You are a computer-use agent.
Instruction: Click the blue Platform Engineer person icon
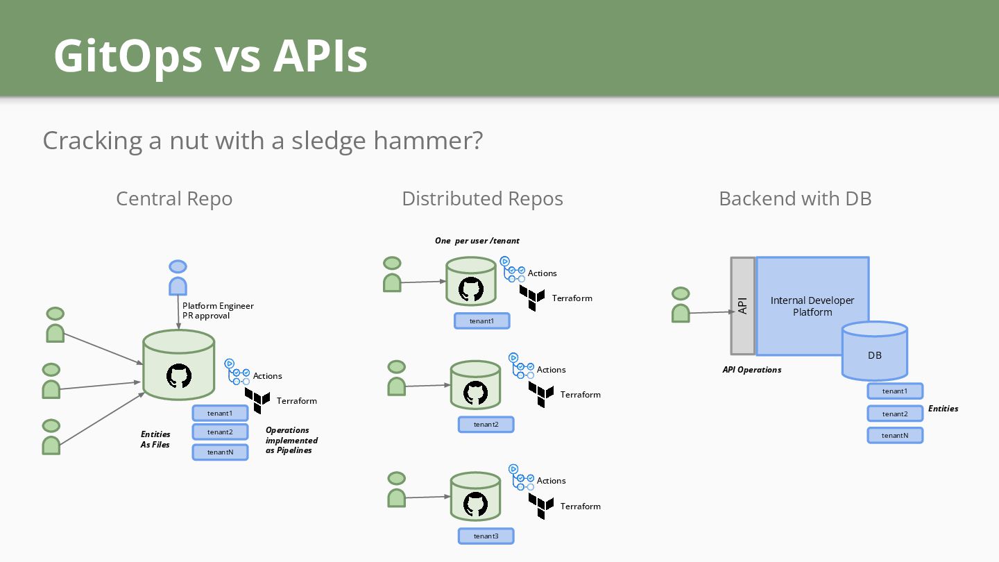pyautogui.click(x=178, y=278)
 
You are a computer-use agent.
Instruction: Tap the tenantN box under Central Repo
pyautogui.click(x=220, y=452)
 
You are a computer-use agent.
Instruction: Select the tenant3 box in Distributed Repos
pyautogui.click(x=486, y=536)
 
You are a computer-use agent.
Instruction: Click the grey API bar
pyautogui.click(x=742, y=306)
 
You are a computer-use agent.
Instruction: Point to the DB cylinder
pyautogui.click(x=875, y=350)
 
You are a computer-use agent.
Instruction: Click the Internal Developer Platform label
pyautogui.click(x=812, y=306)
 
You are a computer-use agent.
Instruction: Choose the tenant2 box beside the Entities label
pyautogui.click(x=895, y=414)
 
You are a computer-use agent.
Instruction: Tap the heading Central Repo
pyautogui.click(x=174, y=198)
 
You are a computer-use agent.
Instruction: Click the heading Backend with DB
pyautogui.click(x=795, y=198)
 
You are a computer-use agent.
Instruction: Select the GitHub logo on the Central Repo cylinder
pyautogui.click(x=179, y=375)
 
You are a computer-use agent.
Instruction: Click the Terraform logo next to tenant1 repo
pyautogui.click(x=532, y=298)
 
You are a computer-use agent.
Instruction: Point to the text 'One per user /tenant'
pyautogui.click(x=477, y=241)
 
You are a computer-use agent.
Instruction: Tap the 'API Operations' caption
pyautogui.click(x=752, y=370)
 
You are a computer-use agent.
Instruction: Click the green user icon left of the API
pyautogui.click(x=681, y=305)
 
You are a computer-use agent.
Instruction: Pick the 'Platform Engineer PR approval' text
pyautogui.click(x=218, y=310)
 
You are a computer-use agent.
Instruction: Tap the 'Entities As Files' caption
pyautogui.click(x=155, y=439)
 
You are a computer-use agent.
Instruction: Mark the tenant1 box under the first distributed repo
pyautogui.click(x=481, y=321)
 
